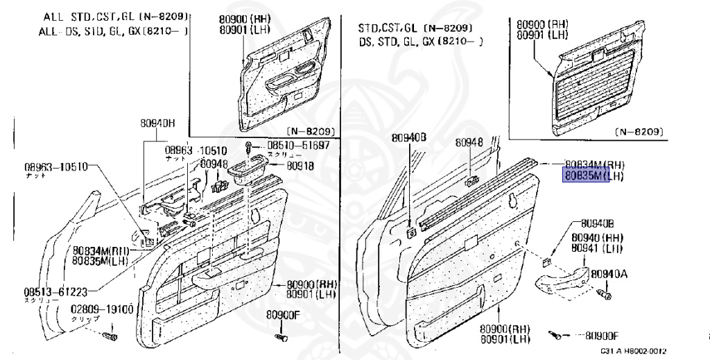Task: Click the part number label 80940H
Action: (158, 124)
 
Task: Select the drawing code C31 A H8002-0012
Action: (633, 352)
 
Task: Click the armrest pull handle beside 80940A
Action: (565, 277)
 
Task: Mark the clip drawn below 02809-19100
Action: (109, 337)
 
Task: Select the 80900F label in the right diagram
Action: (602, 336)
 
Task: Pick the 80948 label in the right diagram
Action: (469, 142)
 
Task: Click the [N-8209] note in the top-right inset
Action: (640, 131)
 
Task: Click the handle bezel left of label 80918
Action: (249, 169)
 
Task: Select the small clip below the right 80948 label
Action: (471, 182)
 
